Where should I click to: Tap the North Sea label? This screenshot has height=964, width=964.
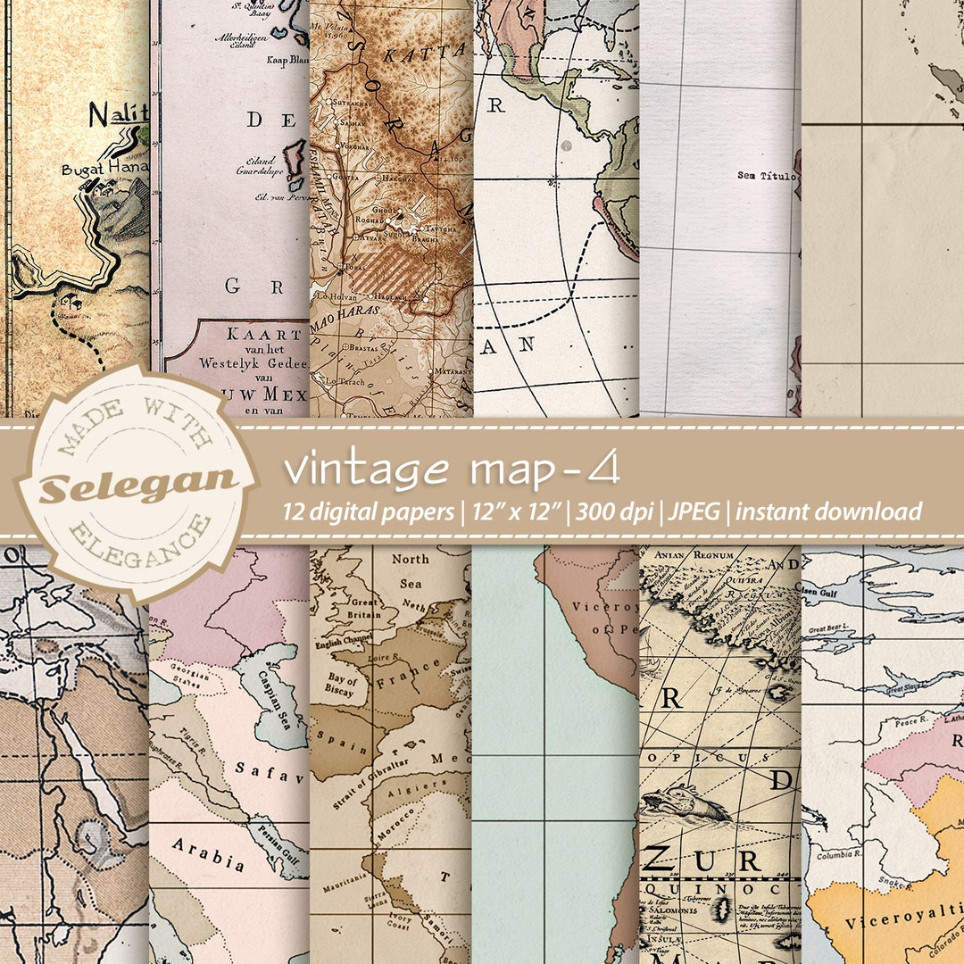click(411, 571)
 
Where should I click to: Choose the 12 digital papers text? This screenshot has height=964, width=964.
click(370, 512)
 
